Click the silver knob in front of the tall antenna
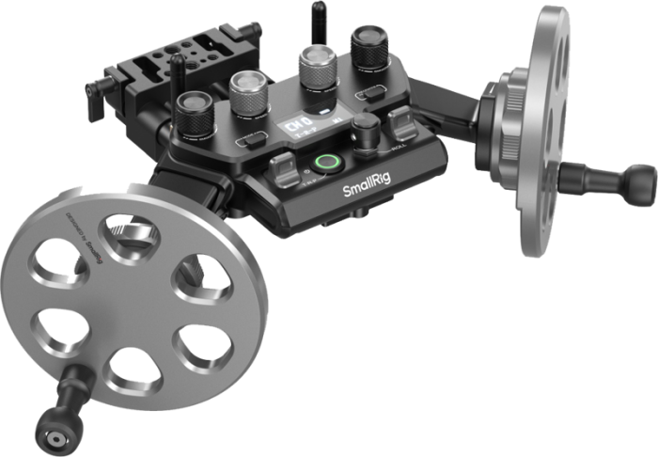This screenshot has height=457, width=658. pos(317,66)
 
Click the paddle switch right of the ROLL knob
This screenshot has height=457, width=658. pos(399,123)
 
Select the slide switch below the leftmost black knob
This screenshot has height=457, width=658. pos(250,142)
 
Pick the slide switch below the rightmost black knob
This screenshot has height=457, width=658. pos(373,93)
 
